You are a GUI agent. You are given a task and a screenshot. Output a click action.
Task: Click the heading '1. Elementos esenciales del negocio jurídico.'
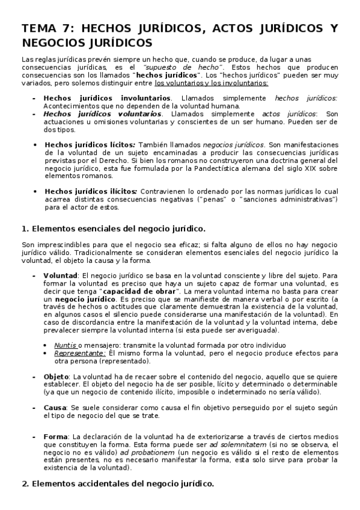point(113,229)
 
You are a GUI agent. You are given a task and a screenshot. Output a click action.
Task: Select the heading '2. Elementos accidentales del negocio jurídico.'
point(117,483)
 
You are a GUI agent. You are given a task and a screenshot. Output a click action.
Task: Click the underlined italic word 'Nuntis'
point(65,345)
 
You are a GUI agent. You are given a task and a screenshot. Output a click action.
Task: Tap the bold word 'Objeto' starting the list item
point(56,376)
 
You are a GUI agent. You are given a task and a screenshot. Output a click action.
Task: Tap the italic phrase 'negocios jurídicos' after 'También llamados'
point(234,145)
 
